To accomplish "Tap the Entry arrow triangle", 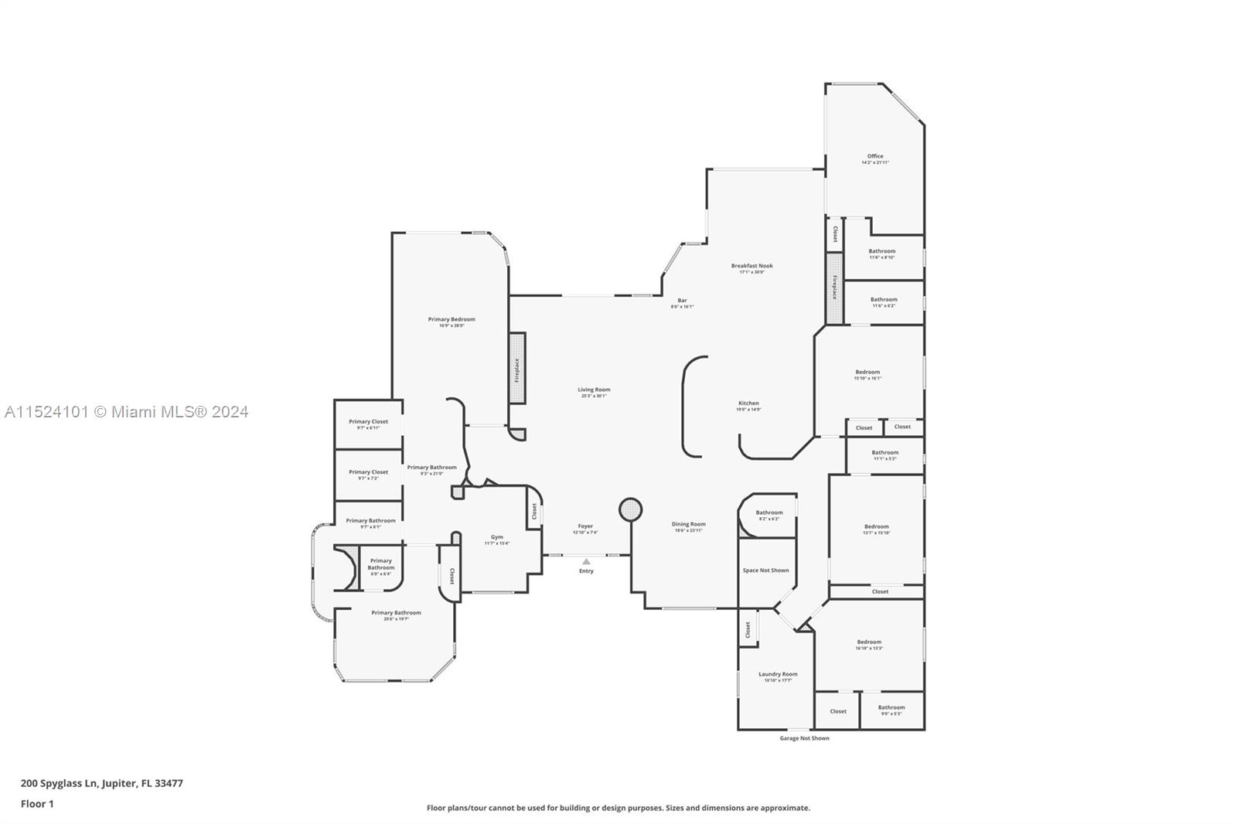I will (x=586, y=561).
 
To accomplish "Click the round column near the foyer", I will (x=631, y=509).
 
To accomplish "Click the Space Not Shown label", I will (x=765, y=570).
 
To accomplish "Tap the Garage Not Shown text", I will (x=804, y=738).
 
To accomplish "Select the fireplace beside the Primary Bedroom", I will (x=517, y=369).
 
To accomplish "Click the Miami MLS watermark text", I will (x=126, y=412).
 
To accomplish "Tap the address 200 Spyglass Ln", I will (x=102, y=783).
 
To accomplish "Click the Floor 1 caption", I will (x=37, y=804).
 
